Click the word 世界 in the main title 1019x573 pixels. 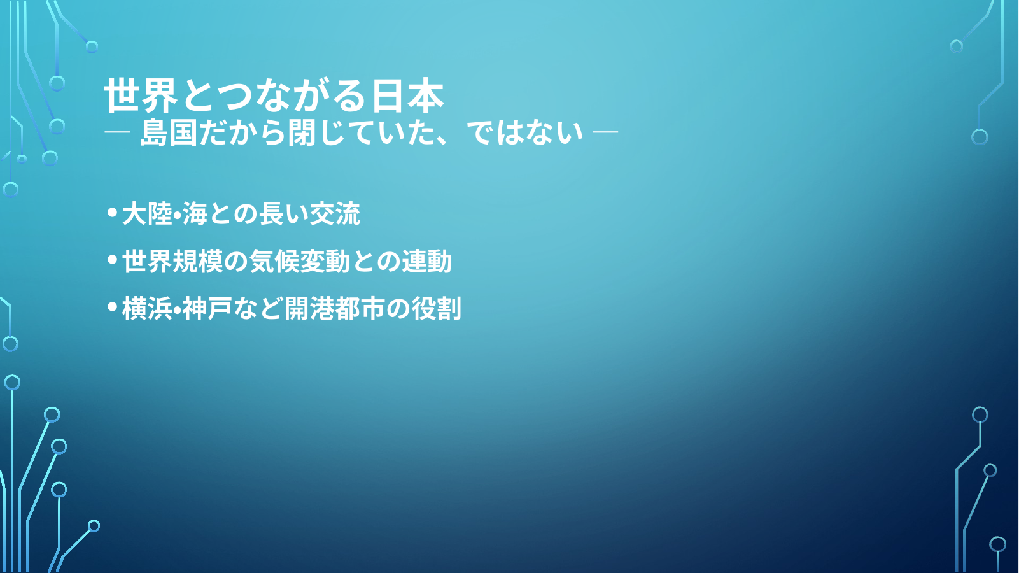click(x=140, y=95)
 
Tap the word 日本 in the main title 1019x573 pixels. click(x=407, y=95)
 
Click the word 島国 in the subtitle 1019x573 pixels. click(x=168, y=133)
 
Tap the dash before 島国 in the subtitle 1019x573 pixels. click(x=117, y=132)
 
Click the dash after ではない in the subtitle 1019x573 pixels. click(x=605, y=132)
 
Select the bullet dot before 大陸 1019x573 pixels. click(x=112, y=212)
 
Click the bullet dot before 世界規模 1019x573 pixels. click(x=112, y=260)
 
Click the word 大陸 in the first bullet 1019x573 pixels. click(x=147, y=213)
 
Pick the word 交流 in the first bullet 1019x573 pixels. click(x=335, y=213)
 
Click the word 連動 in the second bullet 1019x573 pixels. click(x=426, y=261)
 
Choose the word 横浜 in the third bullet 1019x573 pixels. click(x=147, y=309)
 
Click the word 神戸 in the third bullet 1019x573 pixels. click(x=207, y=309)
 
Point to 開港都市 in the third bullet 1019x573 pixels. click(x=335, y=309)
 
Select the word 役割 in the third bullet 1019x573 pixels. click(x=436, y=309)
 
